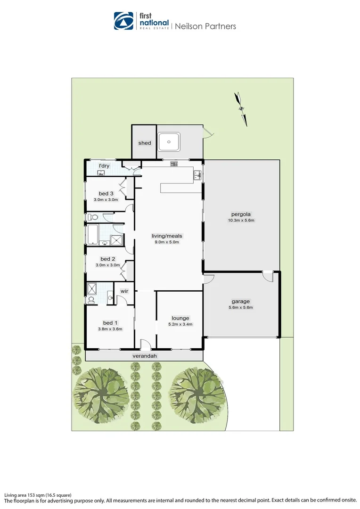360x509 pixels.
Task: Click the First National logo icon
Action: [124, 21]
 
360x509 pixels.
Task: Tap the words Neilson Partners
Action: [205, 26]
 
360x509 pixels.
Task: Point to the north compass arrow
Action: [242, 108]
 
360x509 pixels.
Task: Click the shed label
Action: [145, 143]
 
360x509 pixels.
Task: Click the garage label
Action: [240, 301]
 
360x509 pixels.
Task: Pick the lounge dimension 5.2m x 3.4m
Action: [180, 324]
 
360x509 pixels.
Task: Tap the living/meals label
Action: [167, 236]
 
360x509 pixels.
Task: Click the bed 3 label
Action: [106, 193]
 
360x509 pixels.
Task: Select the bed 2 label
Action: [108, 259]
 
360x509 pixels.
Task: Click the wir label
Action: [124, 291]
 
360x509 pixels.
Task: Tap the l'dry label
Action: [104, 166]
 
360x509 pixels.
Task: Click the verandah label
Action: [144, 356]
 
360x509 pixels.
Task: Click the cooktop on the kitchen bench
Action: [174, 164]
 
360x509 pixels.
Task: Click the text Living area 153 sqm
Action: [38, 495]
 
